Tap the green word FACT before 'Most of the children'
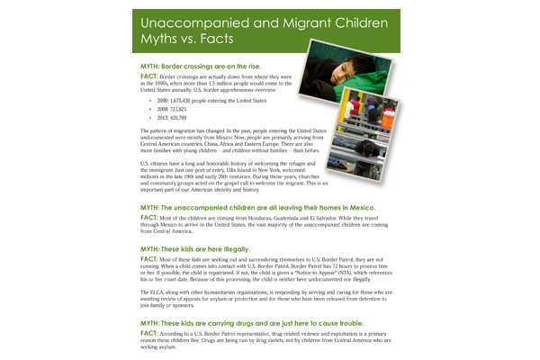point(149,218)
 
